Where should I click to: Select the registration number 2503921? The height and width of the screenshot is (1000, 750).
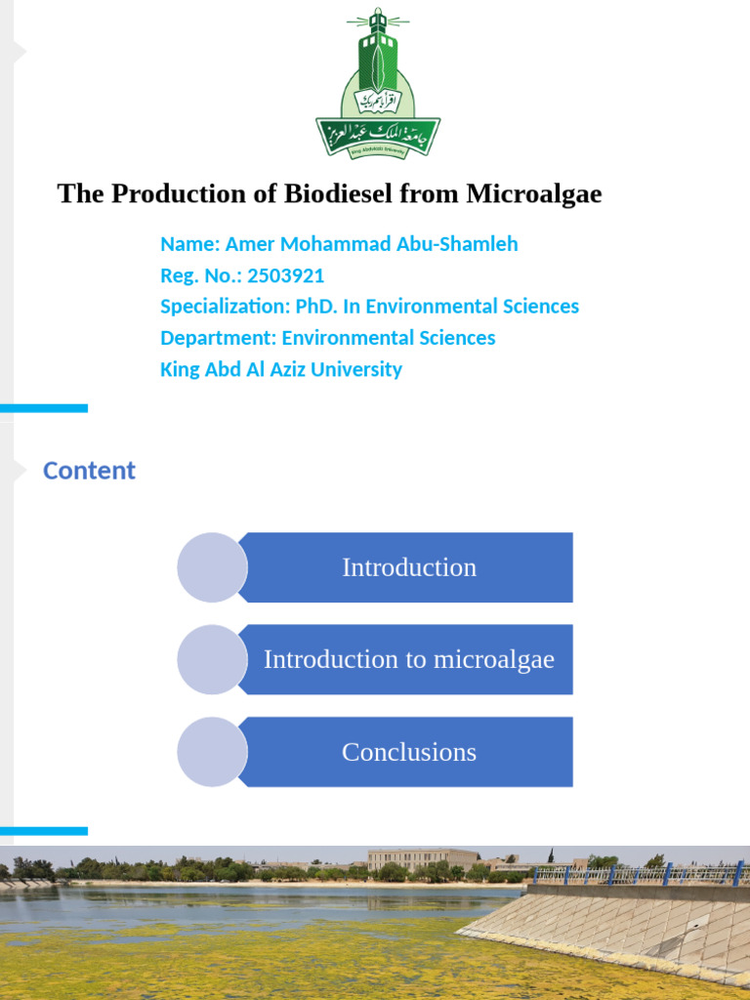(286, 275)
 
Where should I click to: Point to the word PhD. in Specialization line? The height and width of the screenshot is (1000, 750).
(316, 307)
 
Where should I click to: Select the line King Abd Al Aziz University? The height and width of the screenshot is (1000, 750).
(281, 369)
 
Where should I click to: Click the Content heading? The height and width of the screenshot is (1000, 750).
(89, 471)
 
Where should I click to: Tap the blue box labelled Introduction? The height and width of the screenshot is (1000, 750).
(408, 567)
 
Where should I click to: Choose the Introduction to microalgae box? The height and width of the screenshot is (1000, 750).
(408, 659)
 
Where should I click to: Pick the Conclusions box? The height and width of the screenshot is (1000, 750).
(408, 752)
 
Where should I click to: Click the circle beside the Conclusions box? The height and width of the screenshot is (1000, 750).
(212, 752)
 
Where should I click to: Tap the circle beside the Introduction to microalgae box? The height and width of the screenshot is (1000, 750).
(212, 659)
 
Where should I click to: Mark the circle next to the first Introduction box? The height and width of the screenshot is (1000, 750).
(212, 567)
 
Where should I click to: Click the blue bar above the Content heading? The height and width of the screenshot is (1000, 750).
(44, 408)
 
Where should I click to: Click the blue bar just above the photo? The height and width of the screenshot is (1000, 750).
(44, 831)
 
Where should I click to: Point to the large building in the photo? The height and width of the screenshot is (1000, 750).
(422, 859)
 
